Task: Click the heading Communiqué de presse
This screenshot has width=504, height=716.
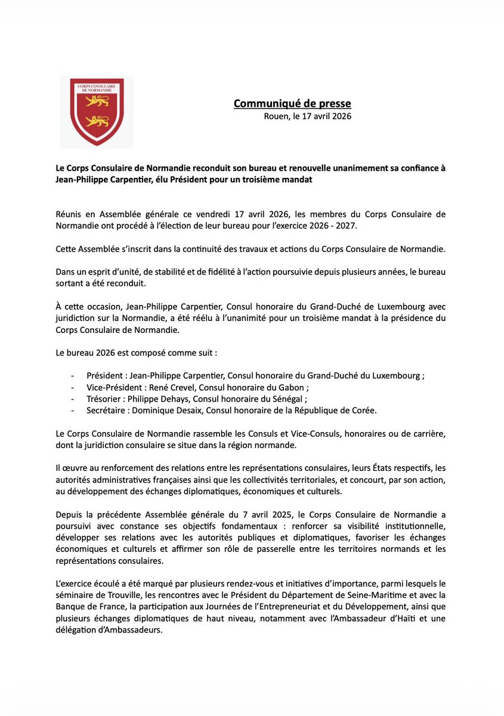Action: pos(292,104)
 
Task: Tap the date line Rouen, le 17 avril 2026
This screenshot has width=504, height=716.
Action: pos(307,116)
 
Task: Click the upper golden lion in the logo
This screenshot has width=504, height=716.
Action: pos(97,102)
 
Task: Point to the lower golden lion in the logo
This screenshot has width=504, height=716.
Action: pos(97,122)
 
